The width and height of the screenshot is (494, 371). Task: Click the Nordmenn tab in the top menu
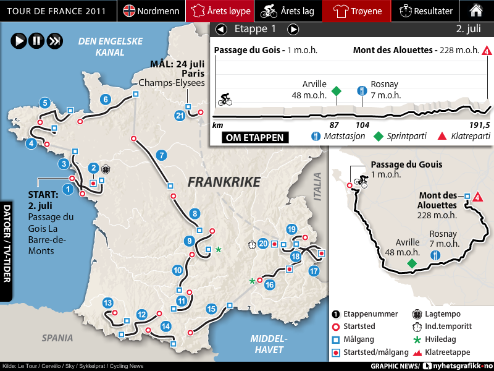[x=151, y=11]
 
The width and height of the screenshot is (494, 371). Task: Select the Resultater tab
[x=426, y=11]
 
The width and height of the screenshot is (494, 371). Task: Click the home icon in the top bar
[x=476, y=11]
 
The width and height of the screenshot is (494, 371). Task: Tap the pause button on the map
[x=36, y=41]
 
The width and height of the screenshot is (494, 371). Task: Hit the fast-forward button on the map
[x=54, y=41]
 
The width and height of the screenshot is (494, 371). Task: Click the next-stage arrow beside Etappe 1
[x=293, y=30]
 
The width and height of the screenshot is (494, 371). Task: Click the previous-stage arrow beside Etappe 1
[x=221, y=30]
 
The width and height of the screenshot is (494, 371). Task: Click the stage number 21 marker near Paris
[x=180, y=116]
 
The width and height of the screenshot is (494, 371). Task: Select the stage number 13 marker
[x=108, y=303]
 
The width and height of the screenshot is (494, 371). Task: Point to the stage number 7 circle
[x=162, y=155]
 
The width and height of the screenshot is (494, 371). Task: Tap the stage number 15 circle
[x=212, y=309]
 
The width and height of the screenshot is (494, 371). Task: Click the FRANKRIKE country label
[x=224, y=182]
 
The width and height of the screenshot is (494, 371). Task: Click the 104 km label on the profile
[x=362, y=125]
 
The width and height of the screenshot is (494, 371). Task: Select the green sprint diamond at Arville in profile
[x=336, y=92]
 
